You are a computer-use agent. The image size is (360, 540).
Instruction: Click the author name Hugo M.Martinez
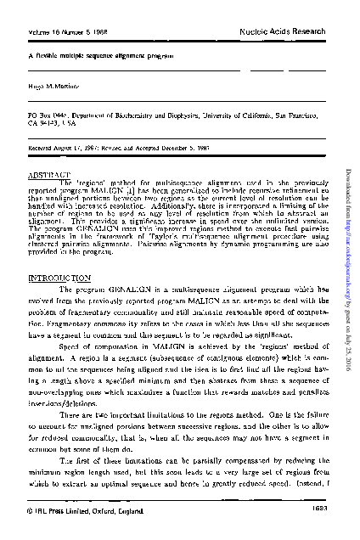click(x=50, y=87)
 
